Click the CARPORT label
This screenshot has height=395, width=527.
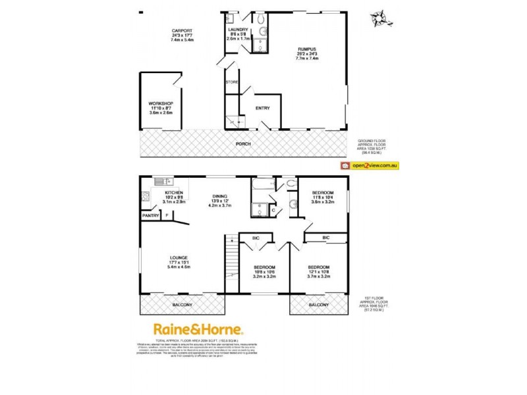pyautogui.click(x=182, y=30)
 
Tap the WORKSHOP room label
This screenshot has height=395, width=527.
pyautogui.click(x=160, y=103)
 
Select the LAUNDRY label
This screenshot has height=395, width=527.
pyautogui.click(x=237, y=30)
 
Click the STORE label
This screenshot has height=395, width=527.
pyautogui.click(x=231, y=82)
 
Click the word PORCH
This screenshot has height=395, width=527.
pyautogui.click(x=244, y=144)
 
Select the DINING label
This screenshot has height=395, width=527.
pyautogui.click(x=220, y=196)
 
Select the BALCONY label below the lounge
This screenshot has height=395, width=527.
pyautogui.click(x=182, y=305)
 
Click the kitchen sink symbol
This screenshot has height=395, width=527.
pyautogui.click(x=163, y=181)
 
